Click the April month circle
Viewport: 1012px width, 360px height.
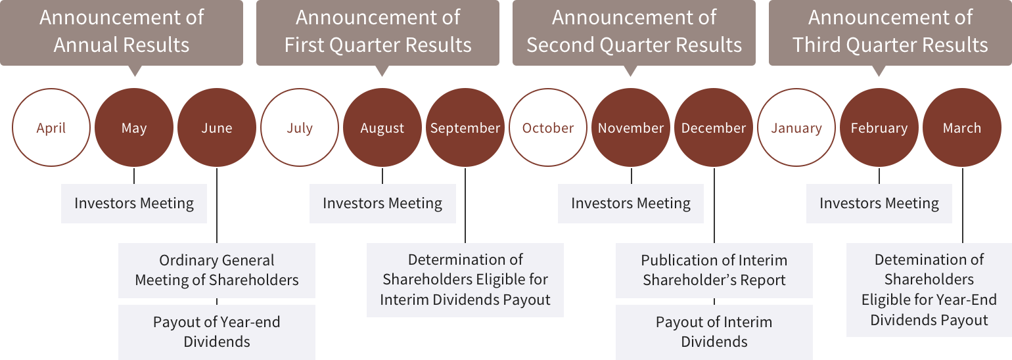[x=51, y=127]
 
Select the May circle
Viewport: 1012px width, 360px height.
[x=134, y=127]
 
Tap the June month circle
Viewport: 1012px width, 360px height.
[x=217, y=127]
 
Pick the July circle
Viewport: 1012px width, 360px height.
[x=300, y=127]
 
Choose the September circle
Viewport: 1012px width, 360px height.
[x=465, y=127]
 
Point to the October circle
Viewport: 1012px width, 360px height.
[x=548, y=127]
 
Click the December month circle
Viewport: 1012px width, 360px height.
[x=714, y=127]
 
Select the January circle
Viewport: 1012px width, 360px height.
[x=796, y=127]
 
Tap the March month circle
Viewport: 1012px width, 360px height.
[x=962, y=127]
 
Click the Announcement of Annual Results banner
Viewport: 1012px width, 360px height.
[x=122, y=33]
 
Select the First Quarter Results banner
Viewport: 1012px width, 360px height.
[x=378, y=33]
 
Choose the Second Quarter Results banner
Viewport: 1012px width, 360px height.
[x=634, y=33]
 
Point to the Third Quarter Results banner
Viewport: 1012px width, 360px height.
[x=890, y=33]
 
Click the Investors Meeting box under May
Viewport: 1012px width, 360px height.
[x=134, y=203]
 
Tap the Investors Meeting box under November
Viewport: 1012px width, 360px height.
[x=631, y=203]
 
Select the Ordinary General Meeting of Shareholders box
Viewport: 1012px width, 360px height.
[x=217, y=270]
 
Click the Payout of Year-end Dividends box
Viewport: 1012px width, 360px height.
[x=217, y=332]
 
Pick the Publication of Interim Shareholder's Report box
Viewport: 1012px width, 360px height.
[x=714, y=270]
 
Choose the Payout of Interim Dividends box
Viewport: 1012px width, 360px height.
[x=714, y=332]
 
